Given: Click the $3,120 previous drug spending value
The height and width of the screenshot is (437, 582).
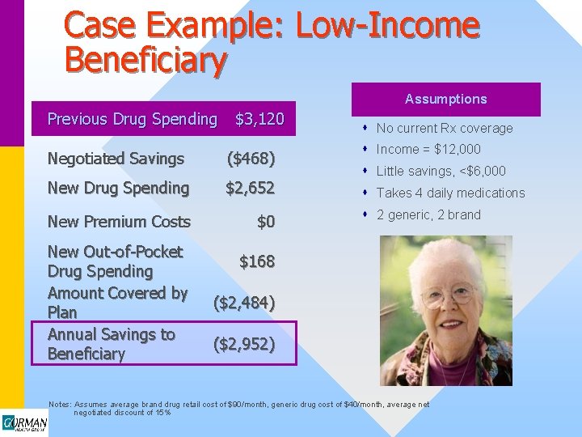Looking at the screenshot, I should pos(259,119).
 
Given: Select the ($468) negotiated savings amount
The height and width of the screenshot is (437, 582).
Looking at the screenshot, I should pos(251,159).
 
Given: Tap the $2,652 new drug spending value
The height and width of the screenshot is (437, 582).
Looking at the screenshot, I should pos(250,188).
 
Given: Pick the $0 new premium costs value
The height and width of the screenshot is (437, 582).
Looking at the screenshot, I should pos(266,222).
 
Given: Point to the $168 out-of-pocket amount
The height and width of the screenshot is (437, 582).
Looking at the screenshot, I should pos(257,261).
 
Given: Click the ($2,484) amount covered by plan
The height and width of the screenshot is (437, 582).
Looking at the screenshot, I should pos(244,303).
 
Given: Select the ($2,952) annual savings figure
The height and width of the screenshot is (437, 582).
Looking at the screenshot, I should pos(244,344).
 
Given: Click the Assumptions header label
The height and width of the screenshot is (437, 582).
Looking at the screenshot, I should pos(445,99).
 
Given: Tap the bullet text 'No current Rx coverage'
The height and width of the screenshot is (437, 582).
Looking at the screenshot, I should pos(445,128).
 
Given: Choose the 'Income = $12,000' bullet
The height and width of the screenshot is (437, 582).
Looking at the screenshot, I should pos(428,149).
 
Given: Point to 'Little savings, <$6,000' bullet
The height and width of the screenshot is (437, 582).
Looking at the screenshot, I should pos(441,171).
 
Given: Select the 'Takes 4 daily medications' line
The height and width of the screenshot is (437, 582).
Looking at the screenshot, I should pos(450,193).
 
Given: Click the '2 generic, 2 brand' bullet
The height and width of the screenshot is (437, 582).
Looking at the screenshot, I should pos(428,214).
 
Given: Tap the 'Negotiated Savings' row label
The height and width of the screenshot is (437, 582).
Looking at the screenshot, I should pos(116,159).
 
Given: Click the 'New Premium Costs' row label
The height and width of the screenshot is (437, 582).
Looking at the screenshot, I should pos(119,222).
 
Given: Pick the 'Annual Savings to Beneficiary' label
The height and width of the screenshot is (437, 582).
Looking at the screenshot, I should pos(111,344).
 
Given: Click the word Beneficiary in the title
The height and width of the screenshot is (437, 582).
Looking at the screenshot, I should pos(145,59).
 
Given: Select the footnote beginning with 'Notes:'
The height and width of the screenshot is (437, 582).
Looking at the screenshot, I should pos(238,408).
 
